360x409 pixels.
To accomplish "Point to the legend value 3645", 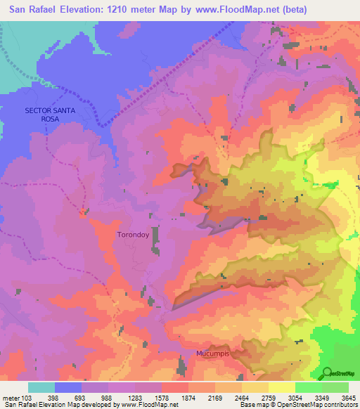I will pyautogui.click(x=348, y=398).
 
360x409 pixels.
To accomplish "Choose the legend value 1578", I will pyautogui.click(x=161, y=398).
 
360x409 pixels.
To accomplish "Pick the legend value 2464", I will pyautogui.click(x=241, y=398).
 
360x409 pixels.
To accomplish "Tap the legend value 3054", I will pyautogui.click(x=295, y=398).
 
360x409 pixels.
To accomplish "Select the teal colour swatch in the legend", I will pyautogui.click(x=41, y=387).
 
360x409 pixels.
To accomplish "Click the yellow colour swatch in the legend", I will pyautogui.click(x=281, y=387).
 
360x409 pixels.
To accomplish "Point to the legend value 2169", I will pyautogui.click(x=214, y=398).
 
